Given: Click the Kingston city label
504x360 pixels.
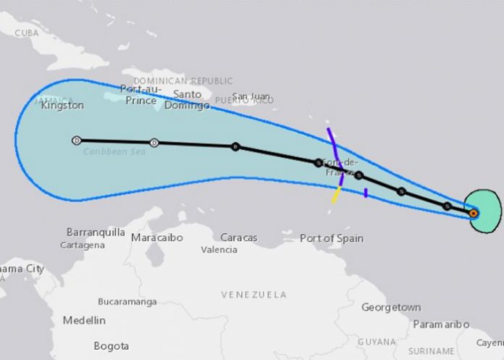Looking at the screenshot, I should [62, 106].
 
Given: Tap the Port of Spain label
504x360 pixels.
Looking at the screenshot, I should [332, 238].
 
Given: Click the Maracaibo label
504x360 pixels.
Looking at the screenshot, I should [156, 238].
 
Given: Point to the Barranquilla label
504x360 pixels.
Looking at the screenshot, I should [96, 233].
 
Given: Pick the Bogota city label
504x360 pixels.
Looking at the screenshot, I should [112, 346].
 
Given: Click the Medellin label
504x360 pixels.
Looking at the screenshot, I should [83, 320].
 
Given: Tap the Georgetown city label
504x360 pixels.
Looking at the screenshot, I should [391, 307].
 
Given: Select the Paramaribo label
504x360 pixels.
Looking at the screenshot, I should [440, 324].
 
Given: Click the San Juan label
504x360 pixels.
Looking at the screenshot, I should [250, 96].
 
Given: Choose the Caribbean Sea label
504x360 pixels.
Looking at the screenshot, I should [111, 151].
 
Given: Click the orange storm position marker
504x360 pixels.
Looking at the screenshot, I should [473, 213].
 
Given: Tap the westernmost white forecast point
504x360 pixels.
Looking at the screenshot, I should [76, 141].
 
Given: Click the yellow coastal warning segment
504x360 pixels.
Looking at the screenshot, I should [336, 195].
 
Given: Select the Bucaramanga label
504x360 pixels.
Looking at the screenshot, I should [128, 300].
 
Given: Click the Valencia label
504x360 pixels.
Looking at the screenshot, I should [219, 250].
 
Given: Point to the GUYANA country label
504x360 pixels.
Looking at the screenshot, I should [377, 341].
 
